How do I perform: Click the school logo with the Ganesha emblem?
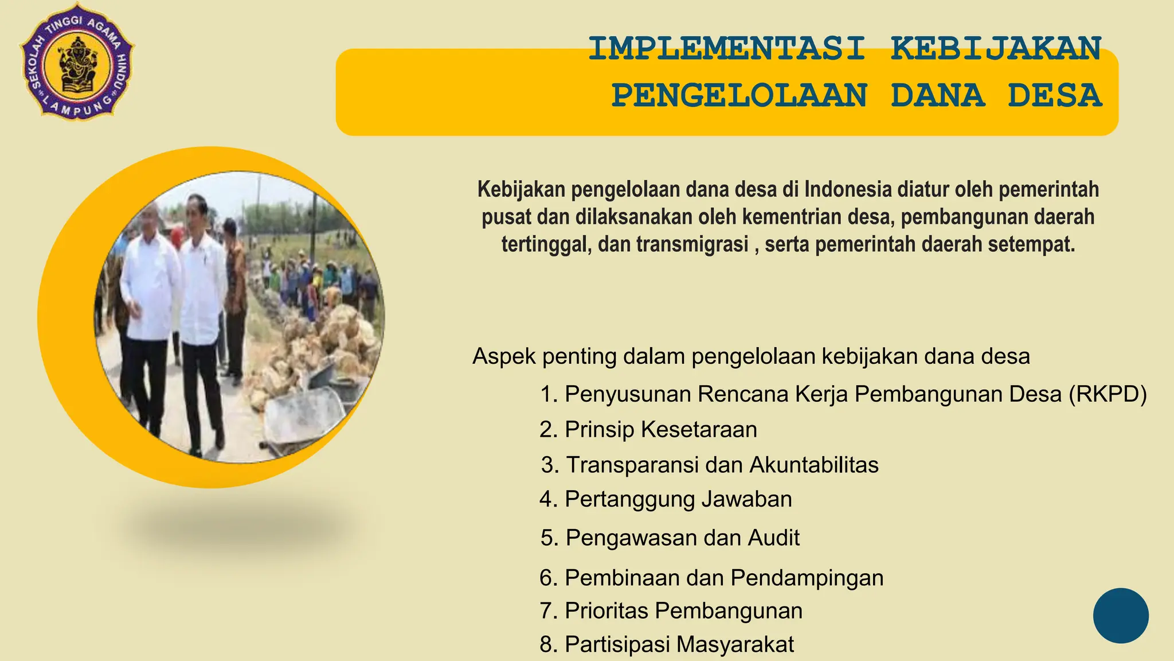pyautogui.click(x=77, y=65)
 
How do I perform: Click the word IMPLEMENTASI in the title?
pyautogui.click(x=726, y=49)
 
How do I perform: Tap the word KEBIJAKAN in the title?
pyautogui.click(x=996, y=49)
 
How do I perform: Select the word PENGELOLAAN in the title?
pyautogui.click(x=739, y=96)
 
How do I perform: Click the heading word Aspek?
pyautogui.click(x=504, y=356)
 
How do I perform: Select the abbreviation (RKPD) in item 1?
pyautogui.click(x=1108, y=394)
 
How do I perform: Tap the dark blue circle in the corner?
pyautogui.click(x=1120, y=615)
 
